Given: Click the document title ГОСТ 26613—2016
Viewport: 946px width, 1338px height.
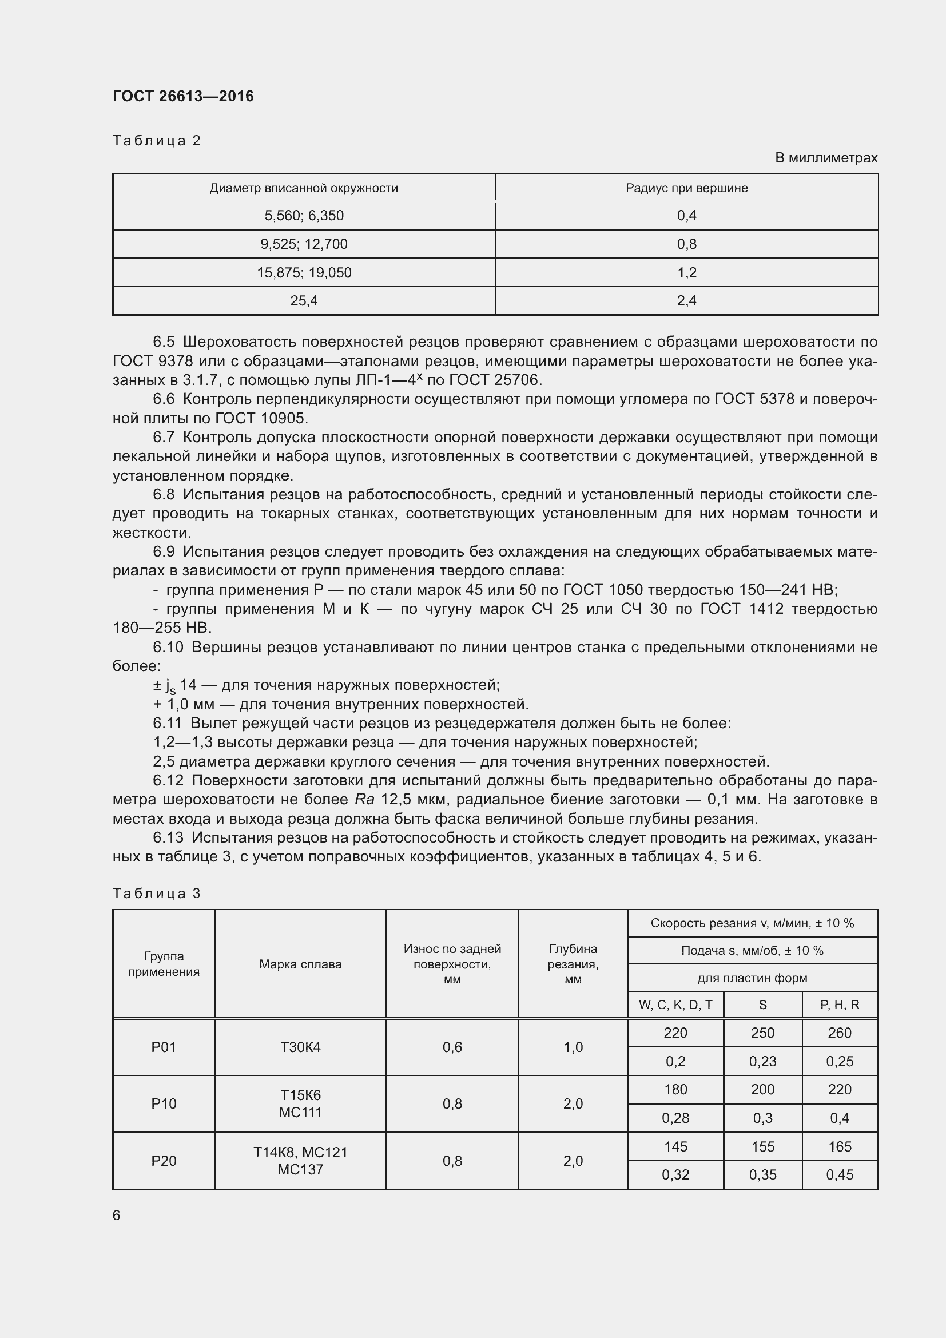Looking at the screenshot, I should [183, 96].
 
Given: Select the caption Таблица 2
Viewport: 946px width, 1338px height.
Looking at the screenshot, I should [156, 141].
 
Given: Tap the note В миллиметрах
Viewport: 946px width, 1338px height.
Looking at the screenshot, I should [825, 158].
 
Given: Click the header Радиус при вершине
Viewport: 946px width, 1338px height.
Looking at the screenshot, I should [686, 188].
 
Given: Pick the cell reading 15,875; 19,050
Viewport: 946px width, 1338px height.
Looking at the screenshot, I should [304, 273].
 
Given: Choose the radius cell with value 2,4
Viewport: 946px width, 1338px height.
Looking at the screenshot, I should [686, 301].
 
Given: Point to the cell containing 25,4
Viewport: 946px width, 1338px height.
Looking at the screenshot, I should [304, 301].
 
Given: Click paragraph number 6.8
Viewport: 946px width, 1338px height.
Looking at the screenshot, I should [164, 494].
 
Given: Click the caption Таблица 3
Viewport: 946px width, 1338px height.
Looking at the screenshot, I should [156, 894].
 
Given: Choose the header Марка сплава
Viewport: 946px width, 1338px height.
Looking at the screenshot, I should [300, 964].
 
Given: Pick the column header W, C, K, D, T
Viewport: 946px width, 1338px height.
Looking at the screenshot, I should [675, 1005].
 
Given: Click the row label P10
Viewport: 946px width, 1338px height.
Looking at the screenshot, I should [164, 1103].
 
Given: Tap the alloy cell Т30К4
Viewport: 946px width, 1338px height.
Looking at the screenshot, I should [300, 1047].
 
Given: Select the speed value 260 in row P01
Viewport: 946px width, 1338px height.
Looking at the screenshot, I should [840, 1033].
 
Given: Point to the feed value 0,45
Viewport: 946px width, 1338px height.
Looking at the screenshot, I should [840, 1175].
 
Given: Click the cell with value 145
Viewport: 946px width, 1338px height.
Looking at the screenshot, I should [675, 1147].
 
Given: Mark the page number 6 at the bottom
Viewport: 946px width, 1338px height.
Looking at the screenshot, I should [117, 1216].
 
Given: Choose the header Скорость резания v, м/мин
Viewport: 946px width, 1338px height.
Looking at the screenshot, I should [752, 923].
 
